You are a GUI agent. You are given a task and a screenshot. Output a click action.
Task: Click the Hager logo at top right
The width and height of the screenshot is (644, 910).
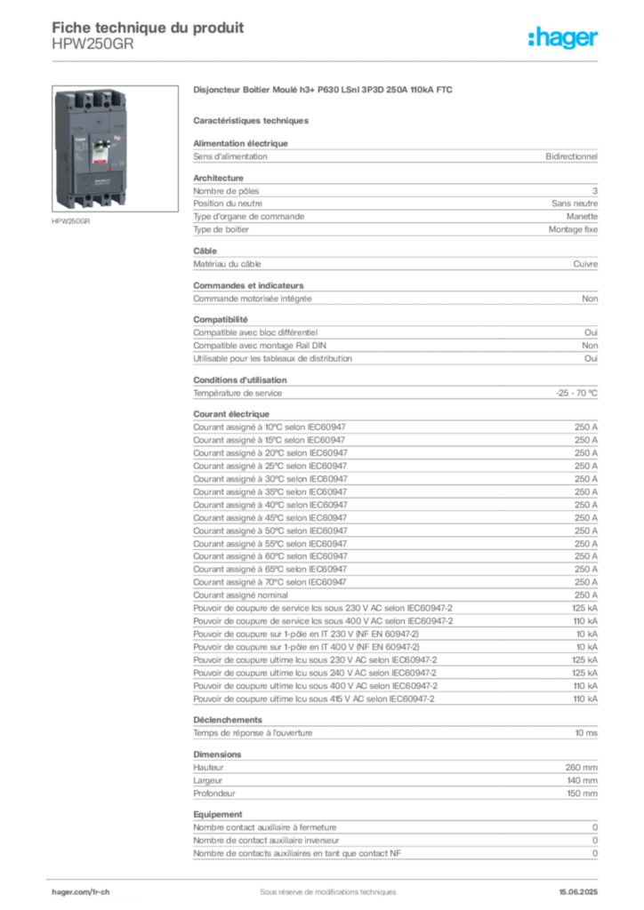(x=562, y=37)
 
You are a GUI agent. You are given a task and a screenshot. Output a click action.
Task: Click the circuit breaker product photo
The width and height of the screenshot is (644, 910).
(x=115, y=148)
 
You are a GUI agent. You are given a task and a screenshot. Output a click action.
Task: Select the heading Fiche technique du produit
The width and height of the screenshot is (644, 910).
(x=148, y=28)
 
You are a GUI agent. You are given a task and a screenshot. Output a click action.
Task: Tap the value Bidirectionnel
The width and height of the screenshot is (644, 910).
(x=571, y=156)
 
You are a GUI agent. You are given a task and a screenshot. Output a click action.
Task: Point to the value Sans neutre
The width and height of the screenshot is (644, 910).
(x=575, y=204)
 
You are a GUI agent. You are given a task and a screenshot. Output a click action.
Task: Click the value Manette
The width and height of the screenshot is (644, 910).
(x=582, y=216)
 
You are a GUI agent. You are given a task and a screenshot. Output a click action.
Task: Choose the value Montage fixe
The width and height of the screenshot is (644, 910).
(x=573, y=229)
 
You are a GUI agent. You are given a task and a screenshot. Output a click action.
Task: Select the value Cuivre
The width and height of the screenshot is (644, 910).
(x=585, y=263)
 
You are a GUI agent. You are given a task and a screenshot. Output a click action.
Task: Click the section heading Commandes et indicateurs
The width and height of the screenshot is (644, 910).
(x=248, y=285)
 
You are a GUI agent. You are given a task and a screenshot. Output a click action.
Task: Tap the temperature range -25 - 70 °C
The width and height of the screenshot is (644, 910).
(x=576, y=393)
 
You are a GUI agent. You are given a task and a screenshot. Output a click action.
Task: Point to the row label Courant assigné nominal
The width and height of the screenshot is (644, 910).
(x=240, y=595)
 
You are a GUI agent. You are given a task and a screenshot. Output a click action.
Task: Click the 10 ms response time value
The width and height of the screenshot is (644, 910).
(x=586, y=733)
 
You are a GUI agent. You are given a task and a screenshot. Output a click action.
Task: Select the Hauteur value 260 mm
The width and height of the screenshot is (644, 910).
(x=581, y=767)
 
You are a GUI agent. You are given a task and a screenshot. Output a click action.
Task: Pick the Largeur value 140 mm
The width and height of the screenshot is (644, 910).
(x=582, y=780)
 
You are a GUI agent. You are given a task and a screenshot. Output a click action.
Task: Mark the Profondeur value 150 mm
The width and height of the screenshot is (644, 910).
(x=582, y=794)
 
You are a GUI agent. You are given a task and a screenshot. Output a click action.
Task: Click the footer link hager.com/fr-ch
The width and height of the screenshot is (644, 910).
(x=81, y=891)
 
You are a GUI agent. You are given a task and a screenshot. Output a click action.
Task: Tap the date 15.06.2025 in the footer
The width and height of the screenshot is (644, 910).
(x=578, y=891)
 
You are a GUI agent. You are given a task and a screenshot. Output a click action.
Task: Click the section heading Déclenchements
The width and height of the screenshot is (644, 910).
(x=228, y=720)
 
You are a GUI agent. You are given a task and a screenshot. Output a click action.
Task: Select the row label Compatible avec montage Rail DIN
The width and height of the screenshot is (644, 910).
(x=260, y=346)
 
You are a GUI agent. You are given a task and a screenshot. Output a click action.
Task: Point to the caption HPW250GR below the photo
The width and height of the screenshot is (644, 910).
(x=71, y=221)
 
